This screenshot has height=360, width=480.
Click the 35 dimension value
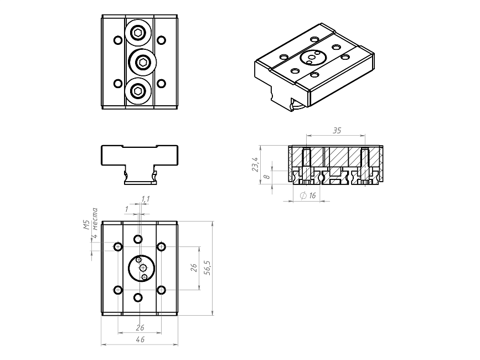coord(337,131)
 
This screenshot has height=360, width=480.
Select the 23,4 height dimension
coord(256,164)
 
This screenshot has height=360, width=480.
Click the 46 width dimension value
coord(140,340)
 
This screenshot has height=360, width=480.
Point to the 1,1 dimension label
coord(146,199)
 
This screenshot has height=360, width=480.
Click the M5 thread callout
coord(86,225)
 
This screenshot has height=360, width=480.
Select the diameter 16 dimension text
coord(308,196)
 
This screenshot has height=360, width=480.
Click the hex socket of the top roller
coord(138,33)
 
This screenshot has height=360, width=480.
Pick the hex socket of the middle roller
coord(142,63)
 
